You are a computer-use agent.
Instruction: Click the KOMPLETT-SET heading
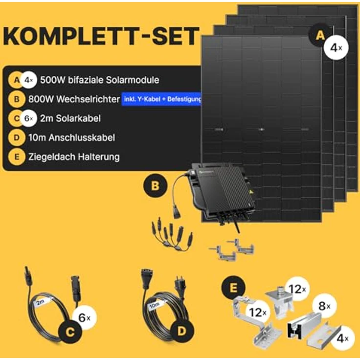(102, 37)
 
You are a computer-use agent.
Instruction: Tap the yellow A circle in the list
(17, 80)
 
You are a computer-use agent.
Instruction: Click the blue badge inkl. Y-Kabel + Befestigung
(162, 100)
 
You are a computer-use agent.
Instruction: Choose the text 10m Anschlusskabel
(72, 137)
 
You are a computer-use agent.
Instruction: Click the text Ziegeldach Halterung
(74, 157)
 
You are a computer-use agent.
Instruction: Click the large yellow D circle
(181, 331)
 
